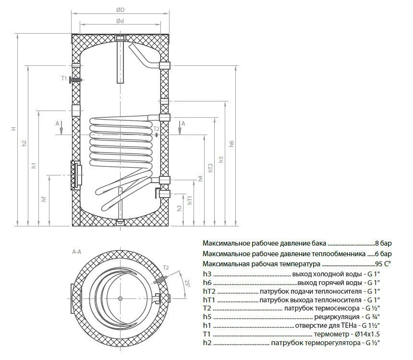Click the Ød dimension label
pyautogui.click(x=120, y=21)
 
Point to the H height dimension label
pyautogui.click(x=13, y=129)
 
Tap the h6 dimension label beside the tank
pyautogui.click(x=231, y=144)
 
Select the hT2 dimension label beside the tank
pyautogui.click(x=210, y=167)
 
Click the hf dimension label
pyautogui.click(x=44, y=199)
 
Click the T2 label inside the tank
pyautogui.click(x=156, y=129)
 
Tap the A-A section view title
pyautogui.click(x=77, y=251)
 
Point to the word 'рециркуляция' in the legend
pyautogui.click(x=334, y=318)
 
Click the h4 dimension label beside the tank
pyautogui.click(x=200, y=178)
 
